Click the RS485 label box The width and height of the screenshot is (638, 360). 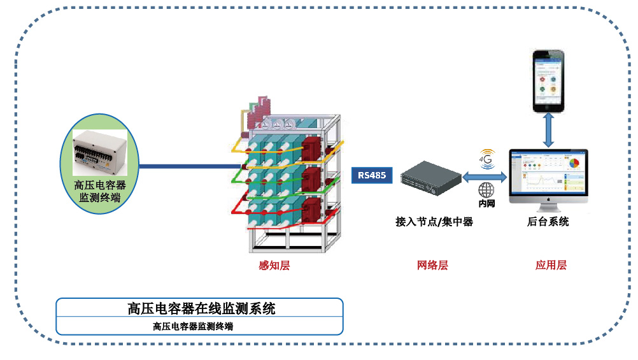click(x=372, y=175)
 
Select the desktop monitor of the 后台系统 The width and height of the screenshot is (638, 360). click(x=548, y=175)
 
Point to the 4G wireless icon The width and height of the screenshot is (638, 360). click(x=487, y=159)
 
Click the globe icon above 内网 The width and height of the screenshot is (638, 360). click(x=486, y=190)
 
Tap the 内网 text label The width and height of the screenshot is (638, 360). click(x=486, y=204)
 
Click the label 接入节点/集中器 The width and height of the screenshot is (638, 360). click(x=434, y=222)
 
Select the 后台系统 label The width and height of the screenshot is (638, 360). click(x=548, y=222)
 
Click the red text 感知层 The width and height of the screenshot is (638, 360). click(x=274, y=265)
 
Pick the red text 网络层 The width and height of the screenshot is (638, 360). click(x=432, y=265)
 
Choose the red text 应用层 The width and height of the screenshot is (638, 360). click(x=551, y=265)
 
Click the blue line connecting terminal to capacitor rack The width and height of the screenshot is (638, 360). click(x=185, y=167)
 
